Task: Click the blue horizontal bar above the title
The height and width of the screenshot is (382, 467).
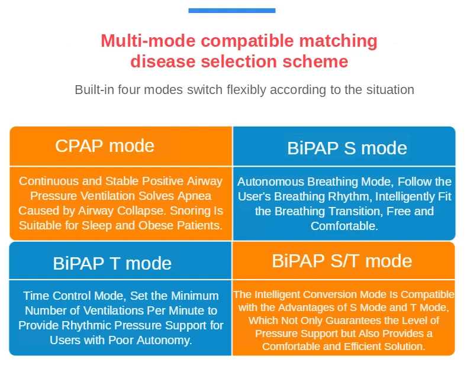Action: [x=231, y=11]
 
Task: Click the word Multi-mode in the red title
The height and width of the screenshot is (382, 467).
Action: [x=148, y=40]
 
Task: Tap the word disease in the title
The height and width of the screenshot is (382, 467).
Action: [x=163, y=61]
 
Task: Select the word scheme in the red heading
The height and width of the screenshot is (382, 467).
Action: [x=315, y=61]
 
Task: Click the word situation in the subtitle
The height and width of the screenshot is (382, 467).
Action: [x=390, y=89]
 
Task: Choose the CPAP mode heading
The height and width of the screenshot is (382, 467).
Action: [x=105, y=146]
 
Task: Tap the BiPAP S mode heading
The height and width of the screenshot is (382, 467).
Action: [x=347, y=148]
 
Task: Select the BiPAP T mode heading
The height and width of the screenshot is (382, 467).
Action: [x=112, y=263]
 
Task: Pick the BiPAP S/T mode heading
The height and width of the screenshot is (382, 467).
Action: [x=342, y=261]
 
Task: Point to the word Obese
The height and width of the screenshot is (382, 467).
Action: [x=156, y=225]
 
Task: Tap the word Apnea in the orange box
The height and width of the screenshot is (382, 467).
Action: [x=195, y=196]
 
